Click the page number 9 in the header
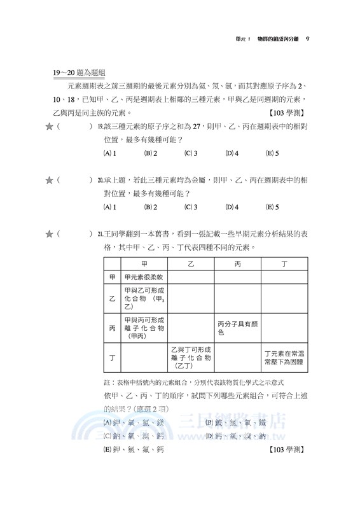[x=307, y=39]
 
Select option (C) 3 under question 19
[x=191, y=153]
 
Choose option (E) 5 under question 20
[x=272, y=207]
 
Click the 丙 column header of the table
[x=237, y=263]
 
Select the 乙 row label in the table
[x=112, y=298]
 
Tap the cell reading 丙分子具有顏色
[x=237, y=328]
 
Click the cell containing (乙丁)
[x=190, y=358]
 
